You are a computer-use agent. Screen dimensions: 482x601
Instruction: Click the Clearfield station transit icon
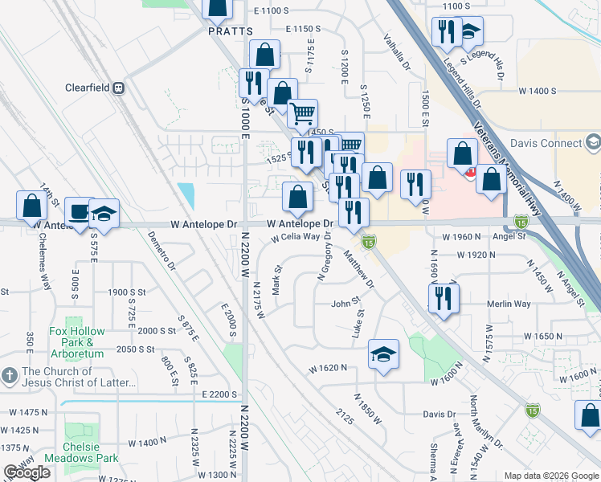[x=119, y=88]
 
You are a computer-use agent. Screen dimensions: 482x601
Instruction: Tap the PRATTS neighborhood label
[x=230, y=31]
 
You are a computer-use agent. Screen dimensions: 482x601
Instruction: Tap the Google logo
[x=27, y=472]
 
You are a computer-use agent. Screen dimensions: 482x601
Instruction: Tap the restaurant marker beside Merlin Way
[x=444, y=298]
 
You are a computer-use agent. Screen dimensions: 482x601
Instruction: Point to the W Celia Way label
[x=301, y=238]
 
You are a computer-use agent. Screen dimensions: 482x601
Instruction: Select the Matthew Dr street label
[x=358, y=270]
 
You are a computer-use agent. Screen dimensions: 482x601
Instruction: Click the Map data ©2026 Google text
[x=550, y=476]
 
